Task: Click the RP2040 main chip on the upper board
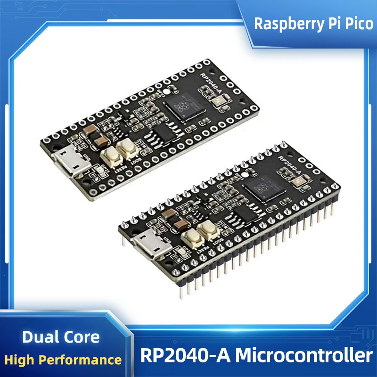tap(185, 108)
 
